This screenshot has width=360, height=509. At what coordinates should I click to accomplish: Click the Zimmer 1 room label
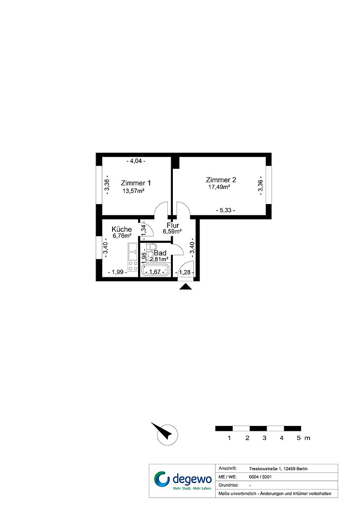pyautogui.click(x=136, y=183)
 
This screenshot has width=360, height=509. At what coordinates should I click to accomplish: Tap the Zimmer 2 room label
pyautogui.click(x=221, y=180)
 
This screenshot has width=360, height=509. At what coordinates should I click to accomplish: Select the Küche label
pyautogui.click(x=122, y=229)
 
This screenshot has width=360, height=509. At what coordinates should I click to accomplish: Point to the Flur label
pyautogui.click(x=173, y=225)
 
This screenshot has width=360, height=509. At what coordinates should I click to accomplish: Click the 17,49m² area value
pyautogui.click(x=219, y=187)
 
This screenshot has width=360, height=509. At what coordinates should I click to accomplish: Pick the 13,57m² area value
pyautogui.click(x=134, y=191)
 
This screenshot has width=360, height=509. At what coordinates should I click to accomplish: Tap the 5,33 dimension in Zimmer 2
pyautogui.click(x=226, y=210)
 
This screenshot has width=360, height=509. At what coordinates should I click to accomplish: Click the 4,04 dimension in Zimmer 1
pyautogui.click(x=136, y=161)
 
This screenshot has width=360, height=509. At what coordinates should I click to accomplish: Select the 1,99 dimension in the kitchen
pyautogui.click(x=117, y=272)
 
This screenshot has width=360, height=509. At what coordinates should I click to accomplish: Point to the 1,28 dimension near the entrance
pyautogui.click(x=185, y=272)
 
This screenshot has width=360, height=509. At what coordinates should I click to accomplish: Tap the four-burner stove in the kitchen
pyautogui.click(x=133, y=266)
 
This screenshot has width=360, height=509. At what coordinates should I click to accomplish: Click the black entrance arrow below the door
pyautogui.click(x=186, y=286)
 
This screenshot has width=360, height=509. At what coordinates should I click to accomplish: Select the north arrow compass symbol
pyautogui.click(x=167, y=434)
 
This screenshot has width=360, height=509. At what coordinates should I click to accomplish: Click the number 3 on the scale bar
pyautogui.click(x=264, y=438)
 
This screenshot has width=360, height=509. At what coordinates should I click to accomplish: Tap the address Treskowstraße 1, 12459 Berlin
pyautogui.click(x=278, y=469)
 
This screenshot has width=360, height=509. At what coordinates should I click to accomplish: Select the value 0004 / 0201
pyautogui.click(x=260, y=477)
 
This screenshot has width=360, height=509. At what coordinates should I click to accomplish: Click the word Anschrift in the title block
pyautogui.click(x=228, y=468)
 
